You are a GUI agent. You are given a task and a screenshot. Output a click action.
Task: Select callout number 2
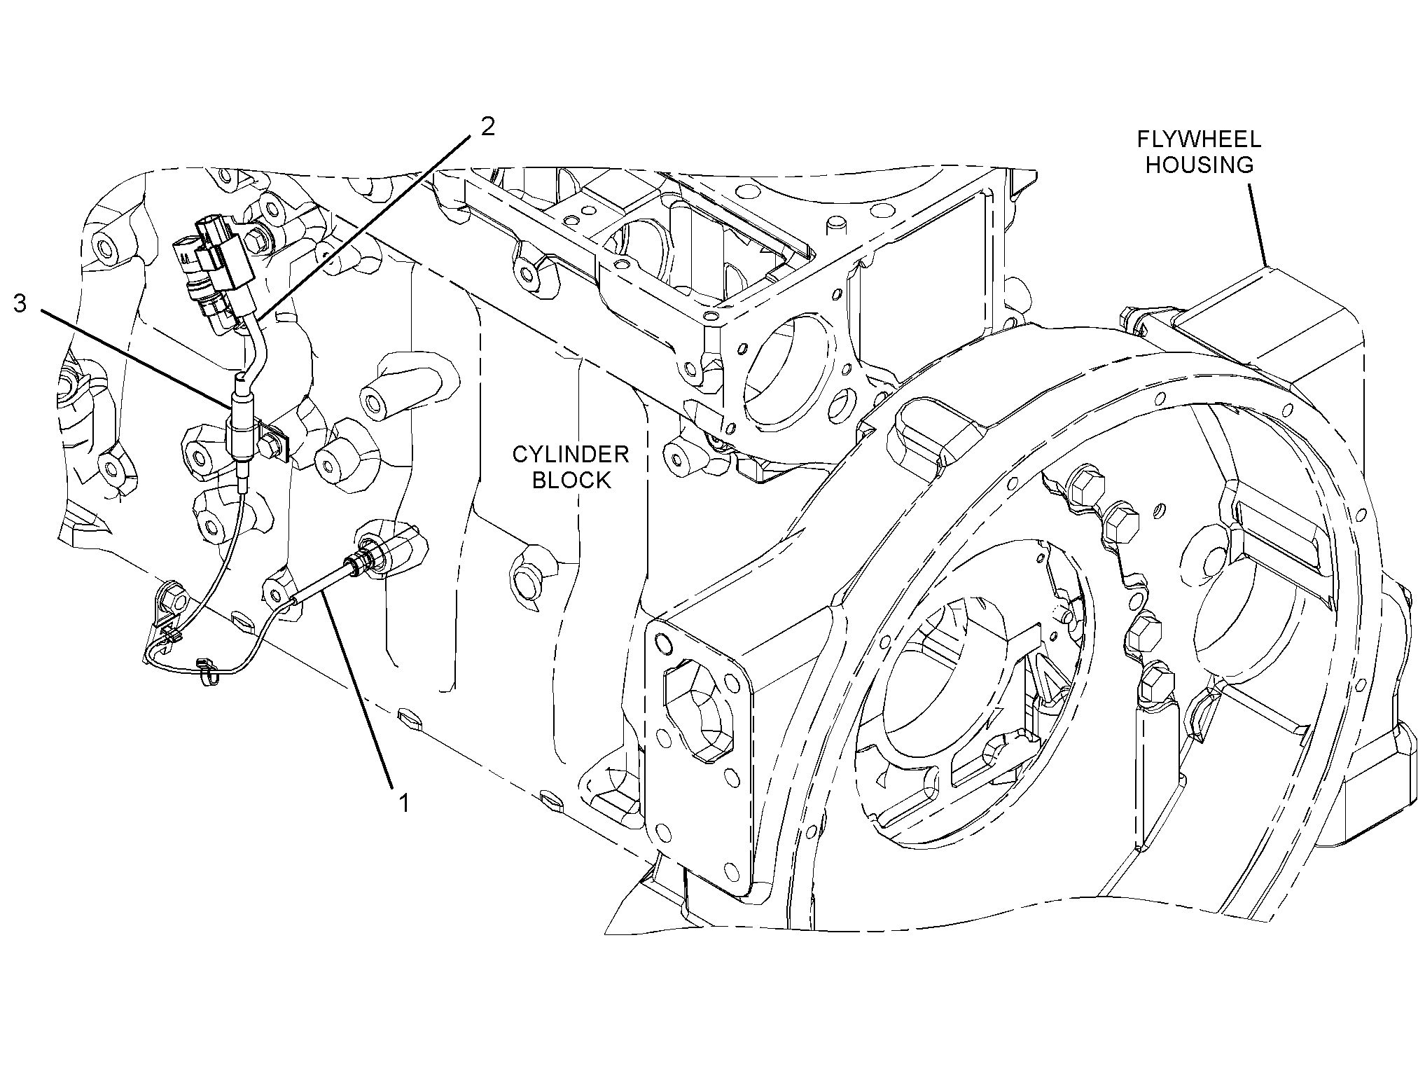tap(487, 126)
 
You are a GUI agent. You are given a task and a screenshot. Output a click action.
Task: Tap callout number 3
tap(21, 304)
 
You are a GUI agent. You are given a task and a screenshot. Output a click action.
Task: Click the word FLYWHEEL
tap(1198, 139)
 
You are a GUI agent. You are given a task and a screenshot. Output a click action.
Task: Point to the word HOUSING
tap(1199, 165)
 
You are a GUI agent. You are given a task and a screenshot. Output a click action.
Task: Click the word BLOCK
tap(571, 480)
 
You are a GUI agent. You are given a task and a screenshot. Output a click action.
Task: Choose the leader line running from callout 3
tap(136, 360)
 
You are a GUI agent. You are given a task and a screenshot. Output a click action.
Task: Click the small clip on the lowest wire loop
tap(204, 672)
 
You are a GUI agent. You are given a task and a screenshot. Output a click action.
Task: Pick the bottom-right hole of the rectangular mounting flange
tap(732, 871)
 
